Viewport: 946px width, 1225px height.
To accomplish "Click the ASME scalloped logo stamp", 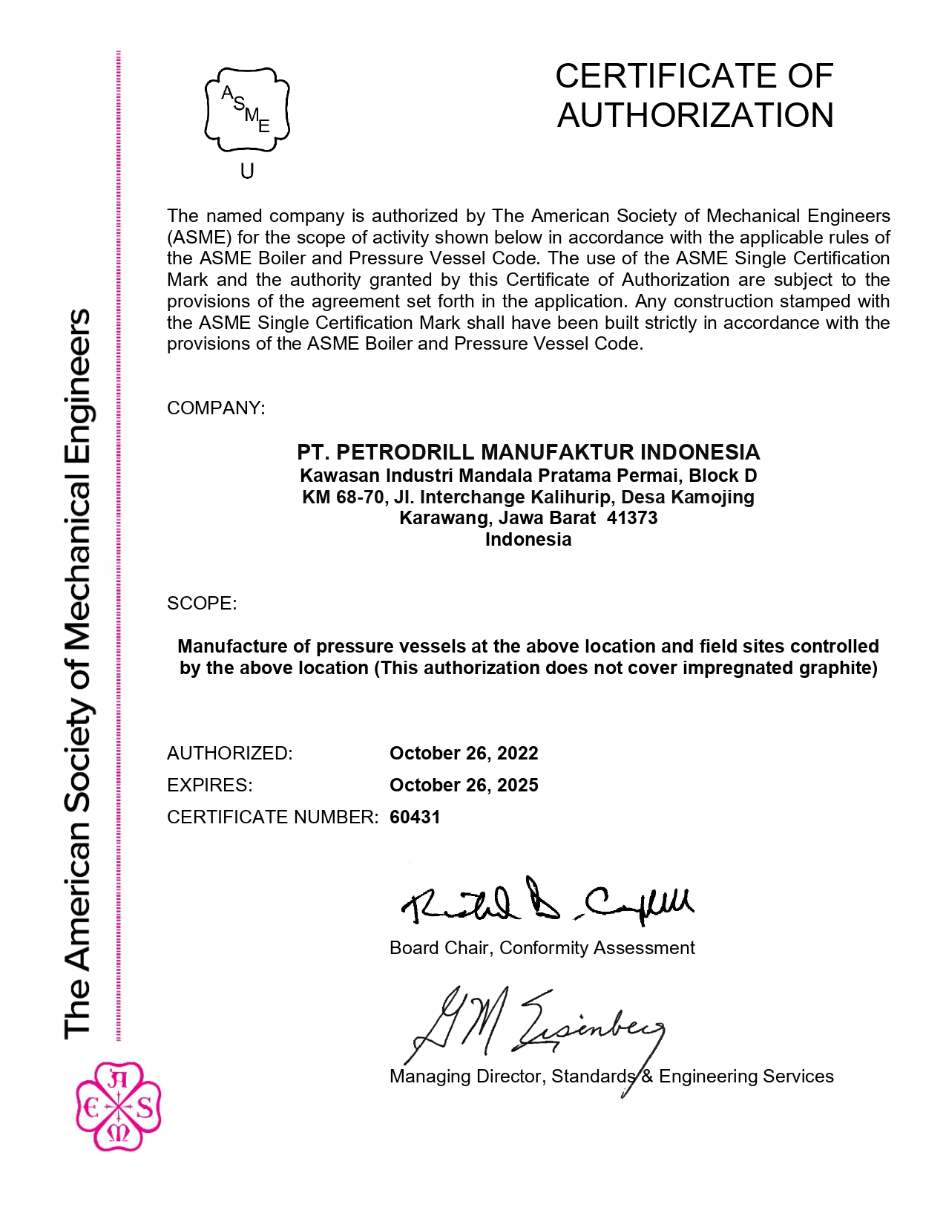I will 247,110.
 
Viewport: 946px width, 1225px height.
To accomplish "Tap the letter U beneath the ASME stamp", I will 247,171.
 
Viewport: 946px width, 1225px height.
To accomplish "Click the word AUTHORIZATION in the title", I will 695,116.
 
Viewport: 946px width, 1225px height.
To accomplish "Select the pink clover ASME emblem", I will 119,1106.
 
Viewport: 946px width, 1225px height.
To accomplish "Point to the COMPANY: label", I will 216,408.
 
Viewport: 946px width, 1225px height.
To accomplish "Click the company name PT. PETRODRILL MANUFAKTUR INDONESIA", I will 528,452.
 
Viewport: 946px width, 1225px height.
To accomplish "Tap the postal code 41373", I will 632,518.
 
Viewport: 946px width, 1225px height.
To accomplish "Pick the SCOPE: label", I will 202,603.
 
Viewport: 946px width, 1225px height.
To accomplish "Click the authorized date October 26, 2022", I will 464,754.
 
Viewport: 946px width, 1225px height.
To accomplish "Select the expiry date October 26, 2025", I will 464,785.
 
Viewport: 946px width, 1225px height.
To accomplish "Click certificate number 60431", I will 415,817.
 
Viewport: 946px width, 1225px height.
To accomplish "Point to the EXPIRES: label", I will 210,785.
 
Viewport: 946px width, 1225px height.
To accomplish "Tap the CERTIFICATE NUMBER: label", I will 273,817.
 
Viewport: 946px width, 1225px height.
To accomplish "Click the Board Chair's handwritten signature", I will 548,902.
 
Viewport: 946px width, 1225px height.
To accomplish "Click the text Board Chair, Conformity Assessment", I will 542,948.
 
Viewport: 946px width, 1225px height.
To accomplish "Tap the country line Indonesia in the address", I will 528,540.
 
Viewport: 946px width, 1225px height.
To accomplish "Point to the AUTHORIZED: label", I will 230,754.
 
